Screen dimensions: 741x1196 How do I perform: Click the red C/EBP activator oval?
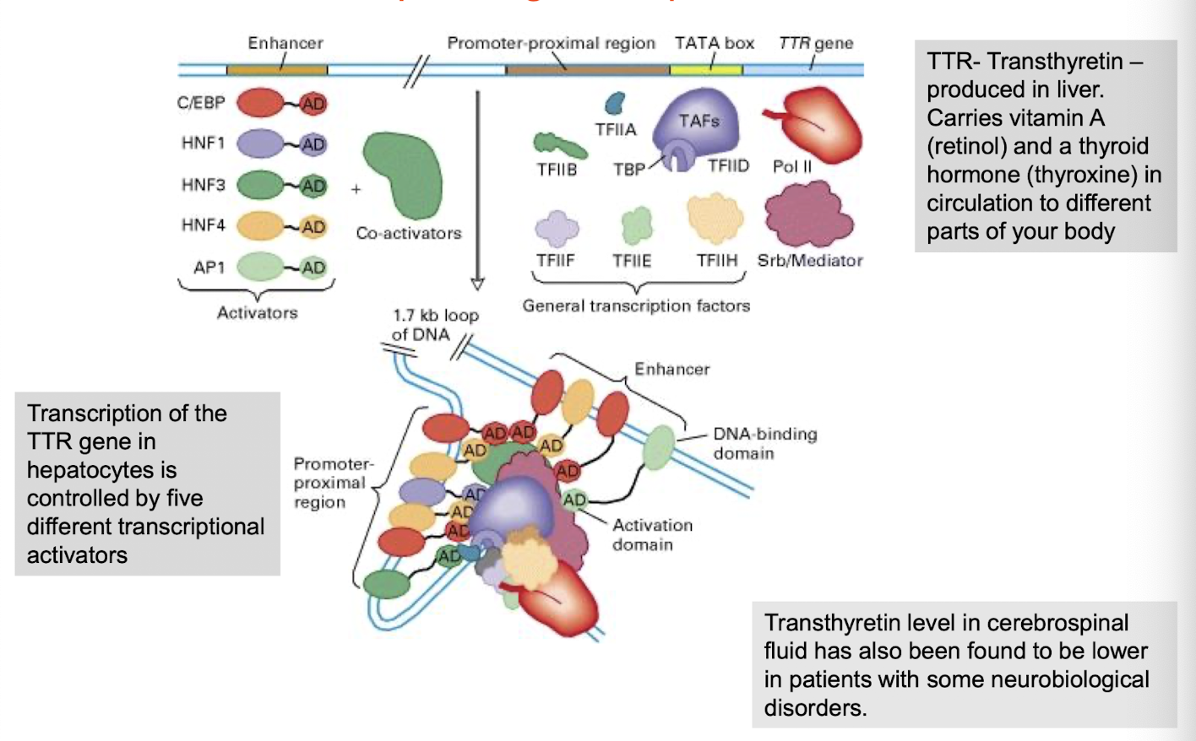coord(260,103)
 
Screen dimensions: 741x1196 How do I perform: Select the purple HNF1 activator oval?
coord(260,143)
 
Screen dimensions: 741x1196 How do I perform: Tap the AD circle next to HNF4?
coord(313,226)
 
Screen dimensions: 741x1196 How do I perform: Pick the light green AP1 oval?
coord(260,267)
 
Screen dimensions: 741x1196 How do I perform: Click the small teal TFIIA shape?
coord(614,104)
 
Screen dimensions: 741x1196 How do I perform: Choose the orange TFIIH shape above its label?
coord(715,218)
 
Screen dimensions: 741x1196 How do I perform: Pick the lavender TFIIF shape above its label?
coord(557,229)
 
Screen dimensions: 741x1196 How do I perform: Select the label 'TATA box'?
coord(714,43)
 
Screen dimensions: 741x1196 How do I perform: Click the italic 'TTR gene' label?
coord(815,43)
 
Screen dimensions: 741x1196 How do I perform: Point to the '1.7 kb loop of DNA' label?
coord(435,325)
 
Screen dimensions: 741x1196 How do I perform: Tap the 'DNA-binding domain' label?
coord(764,443)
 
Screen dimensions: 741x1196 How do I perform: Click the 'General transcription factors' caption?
coord(636,306)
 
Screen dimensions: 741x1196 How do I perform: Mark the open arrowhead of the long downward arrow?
coord(477,284)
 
